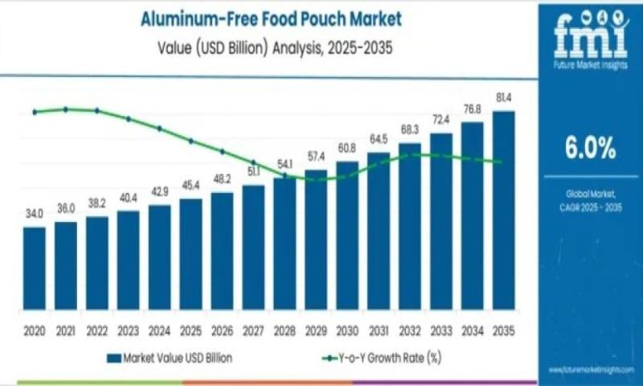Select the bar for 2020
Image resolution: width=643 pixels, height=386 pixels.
(35, 267)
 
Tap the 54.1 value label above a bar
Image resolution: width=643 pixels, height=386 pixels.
(284, 165)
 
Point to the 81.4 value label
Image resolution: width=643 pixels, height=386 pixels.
(504, 97)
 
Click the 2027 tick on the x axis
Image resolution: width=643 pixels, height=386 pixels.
(253, 331)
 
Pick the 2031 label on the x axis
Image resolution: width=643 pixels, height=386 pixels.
(379, 331)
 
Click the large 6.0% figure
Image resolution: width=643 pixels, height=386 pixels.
(589, 148)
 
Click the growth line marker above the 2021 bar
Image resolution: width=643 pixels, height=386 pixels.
(66, 109)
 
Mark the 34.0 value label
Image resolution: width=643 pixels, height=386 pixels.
(34, 215)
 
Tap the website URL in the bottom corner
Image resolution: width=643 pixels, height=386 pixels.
(592, 369)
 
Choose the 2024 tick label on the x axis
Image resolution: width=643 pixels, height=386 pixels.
(159, 331)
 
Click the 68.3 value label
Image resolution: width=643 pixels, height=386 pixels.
(410, 129)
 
